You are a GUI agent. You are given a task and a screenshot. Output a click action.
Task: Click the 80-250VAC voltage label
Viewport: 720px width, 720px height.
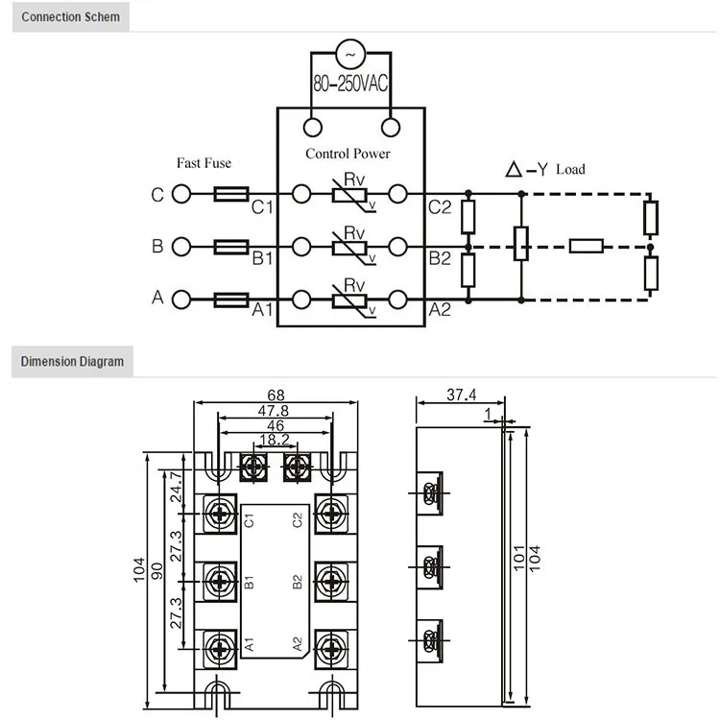click(x=350, y=84)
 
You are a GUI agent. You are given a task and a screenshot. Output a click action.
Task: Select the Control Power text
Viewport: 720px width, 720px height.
click(x=348, y=153)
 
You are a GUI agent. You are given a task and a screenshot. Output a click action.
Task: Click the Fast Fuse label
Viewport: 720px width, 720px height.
click(x=204, y=163)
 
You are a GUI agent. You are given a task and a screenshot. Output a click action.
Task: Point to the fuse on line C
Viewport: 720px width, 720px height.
click(x=232, y=195)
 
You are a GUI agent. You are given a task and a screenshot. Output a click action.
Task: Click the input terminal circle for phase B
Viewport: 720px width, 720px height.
click(x=180, y=247)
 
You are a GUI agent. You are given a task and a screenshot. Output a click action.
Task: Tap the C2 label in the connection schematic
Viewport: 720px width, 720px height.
click(x=440, y=207)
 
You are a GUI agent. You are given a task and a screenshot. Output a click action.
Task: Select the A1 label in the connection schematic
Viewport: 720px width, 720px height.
click(x=263, y=310)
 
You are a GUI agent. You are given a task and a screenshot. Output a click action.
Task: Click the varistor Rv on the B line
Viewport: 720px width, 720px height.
click(x=353, y=247)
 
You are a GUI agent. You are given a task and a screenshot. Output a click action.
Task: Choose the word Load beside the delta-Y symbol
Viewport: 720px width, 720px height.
click(x=569, y=170)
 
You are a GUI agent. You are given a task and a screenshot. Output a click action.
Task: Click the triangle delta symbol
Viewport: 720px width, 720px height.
click(x=514, y=170)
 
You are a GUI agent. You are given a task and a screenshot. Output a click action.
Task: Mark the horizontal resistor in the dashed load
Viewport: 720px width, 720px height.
click(x=587, y=246)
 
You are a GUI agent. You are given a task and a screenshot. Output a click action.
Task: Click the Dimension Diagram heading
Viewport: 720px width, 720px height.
click(x=72, y=362)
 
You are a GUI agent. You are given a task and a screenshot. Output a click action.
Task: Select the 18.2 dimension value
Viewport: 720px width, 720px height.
click(x=276, y=440)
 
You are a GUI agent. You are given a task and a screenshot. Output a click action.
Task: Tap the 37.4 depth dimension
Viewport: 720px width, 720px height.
click(x=462, y=396)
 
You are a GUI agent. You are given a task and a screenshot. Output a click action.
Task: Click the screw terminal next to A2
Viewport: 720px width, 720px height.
click(x=331, y=643)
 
